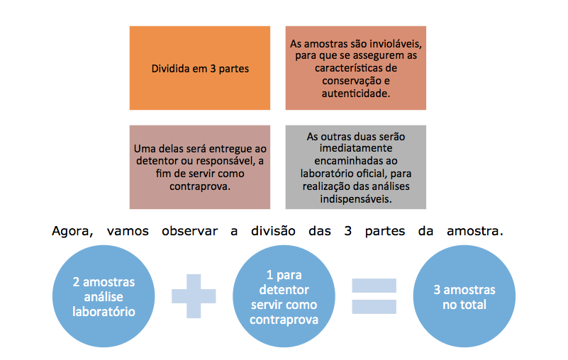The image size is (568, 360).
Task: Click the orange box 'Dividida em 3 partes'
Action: [x=199, y=68]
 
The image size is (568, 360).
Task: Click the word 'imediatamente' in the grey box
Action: [x=356, y=148]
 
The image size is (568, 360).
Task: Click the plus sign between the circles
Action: [x=194, y=296]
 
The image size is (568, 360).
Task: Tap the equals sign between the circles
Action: [x=374, y=296]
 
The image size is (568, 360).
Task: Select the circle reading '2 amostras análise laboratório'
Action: [x=104, y=296]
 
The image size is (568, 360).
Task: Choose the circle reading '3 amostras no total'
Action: [x=464, y=296]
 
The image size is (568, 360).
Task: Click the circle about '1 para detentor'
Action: [x=284, y=296]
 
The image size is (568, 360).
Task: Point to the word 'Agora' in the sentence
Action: [x=72, y=231]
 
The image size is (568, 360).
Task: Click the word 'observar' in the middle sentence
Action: [x=190, y=231]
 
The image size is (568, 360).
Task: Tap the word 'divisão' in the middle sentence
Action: [x=273, y=231]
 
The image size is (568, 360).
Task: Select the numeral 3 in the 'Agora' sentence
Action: [x=347, y=231]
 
